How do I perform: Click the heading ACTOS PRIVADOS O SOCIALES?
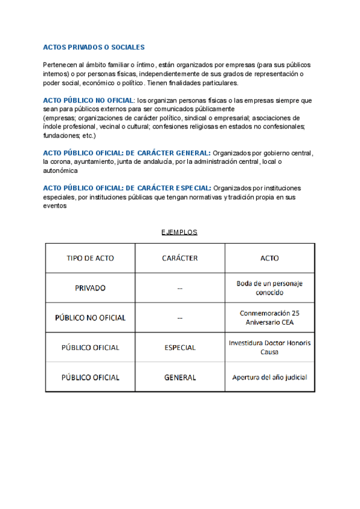click(94, 47)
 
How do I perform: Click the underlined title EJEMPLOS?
click(179, 232)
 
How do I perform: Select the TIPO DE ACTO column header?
click(90, 258)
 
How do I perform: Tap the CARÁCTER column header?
click(180, 258)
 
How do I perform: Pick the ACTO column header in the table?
click(269, 258)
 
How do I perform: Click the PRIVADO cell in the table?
click(90, 288)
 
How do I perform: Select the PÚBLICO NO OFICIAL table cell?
click(90, 318)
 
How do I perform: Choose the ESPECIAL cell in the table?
click(180, 348)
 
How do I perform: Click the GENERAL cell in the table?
click(180, 378)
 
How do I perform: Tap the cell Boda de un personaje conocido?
click(269, 288)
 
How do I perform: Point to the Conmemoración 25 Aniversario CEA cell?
click(269, 318)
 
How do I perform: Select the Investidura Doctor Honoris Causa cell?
click(269, 348)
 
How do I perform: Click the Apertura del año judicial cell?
click(269, 378)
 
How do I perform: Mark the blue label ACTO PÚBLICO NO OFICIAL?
click(89, 100)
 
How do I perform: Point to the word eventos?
click(55, 205)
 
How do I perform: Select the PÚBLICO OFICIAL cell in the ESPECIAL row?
click(90, 348)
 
